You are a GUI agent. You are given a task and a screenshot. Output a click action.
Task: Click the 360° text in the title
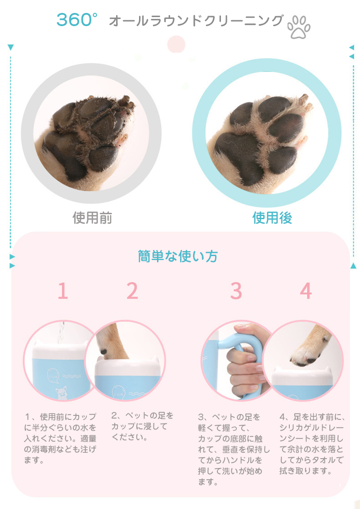point(77,20)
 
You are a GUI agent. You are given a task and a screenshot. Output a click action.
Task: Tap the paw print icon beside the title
point(299,27)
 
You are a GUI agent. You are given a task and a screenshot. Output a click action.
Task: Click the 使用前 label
point(92,218)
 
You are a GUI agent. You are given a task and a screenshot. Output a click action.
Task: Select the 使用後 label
point(272,218)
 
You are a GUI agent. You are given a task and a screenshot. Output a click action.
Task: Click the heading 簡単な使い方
point(178,257)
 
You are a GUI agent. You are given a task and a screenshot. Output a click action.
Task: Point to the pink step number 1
point(63,291)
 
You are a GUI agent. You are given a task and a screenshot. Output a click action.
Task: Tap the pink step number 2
point(132,291)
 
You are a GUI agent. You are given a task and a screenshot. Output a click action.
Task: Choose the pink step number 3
point(236,291)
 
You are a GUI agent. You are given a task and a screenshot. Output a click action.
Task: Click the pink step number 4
point(306,291)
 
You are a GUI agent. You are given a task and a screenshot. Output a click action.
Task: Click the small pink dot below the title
point(176,44)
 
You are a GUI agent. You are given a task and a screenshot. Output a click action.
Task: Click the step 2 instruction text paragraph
point(143,426)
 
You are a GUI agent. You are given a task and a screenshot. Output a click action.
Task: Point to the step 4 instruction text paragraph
point(311,443)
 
